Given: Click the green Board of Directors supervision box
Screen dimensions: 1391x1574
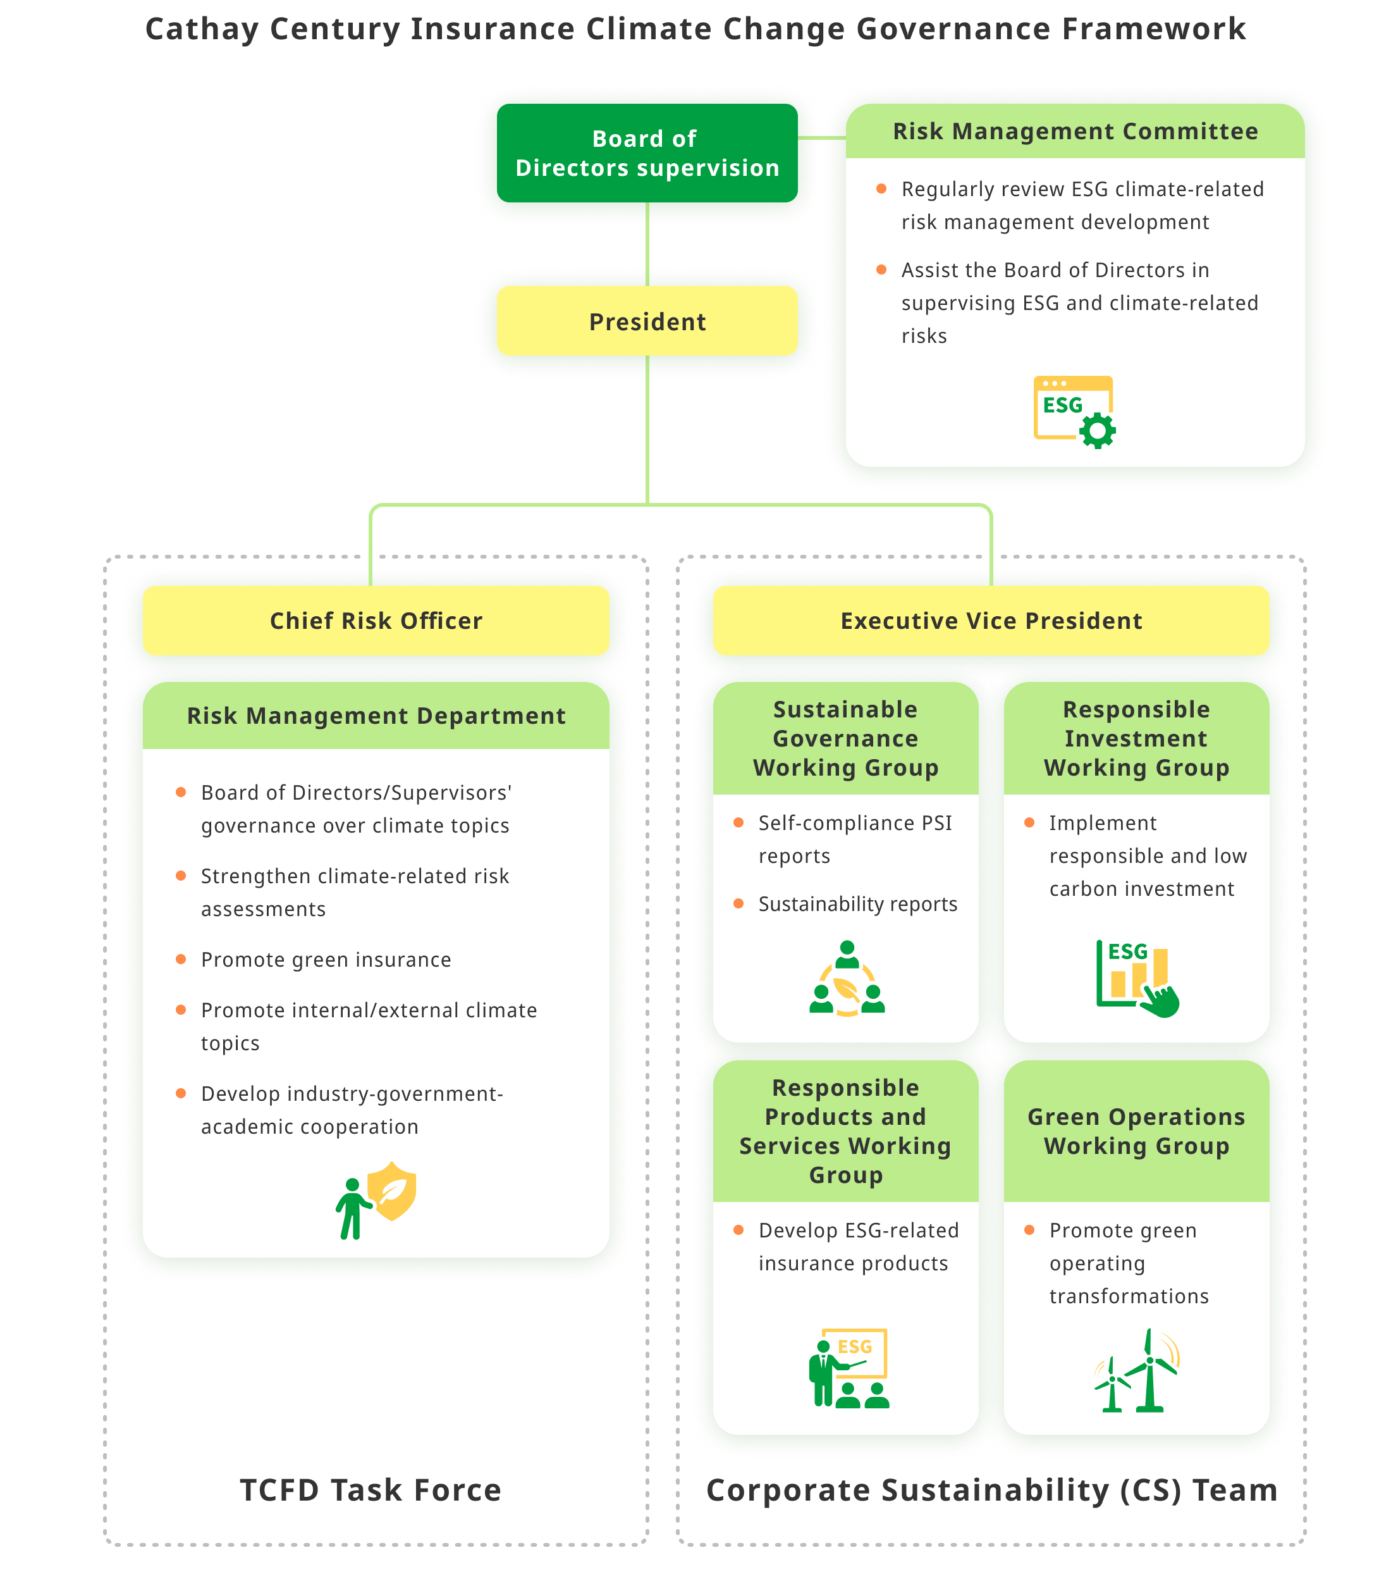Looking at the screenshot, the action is [647, 153].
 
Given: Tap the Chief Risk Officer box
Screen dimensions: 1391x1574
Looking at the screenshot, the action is [376, 621].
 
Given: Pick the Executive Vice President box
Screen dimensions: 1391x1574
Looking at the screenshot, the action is [991, 621].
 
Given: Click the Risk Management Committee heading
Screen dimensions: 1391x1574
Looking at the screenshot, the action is [1075, 132].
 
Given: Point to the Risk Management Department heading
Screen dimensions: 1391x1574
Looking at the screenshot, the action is [376, 716].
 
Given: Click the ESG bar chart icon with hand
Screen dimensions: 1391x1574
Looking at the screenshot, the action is [1137, 979].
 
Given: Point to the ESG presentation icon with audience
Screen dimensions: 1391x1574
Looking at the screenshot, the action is [849, 1368].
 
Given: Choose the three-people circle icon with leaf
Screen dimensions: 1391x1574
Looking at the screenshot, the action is [847, 978].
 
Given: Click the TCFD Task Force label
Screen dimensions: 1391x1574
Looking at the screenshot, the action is [371, 1490].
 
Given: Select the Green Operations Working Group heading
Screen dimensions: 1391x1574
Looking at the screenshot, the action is [1136, 1131].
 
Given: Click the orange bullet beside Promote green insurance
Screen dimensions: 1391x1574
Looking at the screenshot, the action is [181, 958].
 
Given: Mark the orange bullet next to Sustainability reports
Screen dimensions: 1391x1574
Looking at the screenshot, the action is [738, 903].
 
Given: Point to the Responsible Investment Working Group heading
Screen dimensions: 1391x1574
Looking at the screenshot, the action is [1136, 738].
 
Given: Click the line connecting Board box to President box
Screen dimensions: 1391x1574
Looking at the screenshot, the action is [647, 244].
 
